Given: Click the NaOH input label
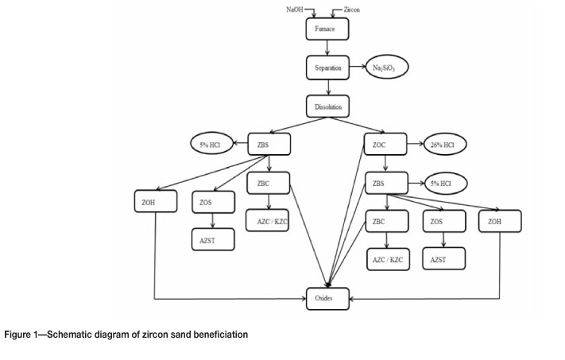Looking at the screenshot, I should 294,9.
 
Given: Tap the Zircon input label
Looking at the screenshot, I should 354,9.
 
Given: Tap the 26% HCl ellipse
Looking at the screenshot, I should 446,145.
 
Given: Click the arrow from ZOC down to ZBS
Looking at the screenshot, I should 385,164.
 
